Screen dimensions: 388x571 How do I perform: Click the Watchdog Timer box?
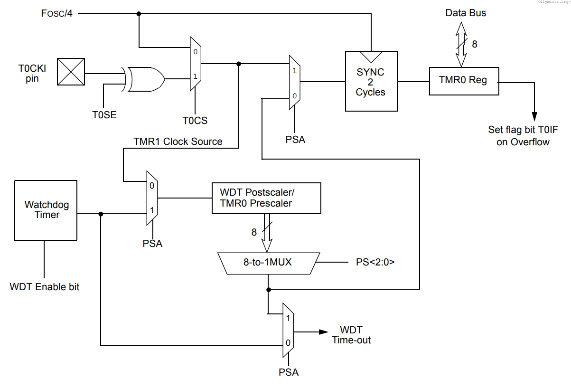[46, 210]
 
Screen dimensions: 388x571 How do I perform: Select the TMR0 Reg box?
[464, 81]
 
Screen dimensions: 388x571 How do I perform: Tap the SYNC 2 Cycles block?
[371, 81]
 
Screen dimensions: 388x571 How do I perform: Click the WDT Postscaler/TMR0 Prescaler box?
[266, 198]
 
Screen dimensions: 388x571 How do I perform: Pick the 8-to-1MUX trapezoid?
[268, 261]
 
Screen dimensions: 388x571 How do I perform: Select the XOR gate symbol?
[145, 78]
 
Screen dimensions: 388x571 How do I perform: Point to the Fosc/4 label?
[56, 13]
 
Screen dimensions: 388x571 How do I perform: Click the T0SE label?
[104, 114]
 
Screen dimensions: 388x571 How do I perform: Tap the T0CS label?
[195, 121]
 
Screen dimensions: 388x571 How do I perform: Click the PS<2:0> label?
[375, 262]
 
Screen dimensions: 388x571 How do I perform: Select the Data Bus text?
[465, 13]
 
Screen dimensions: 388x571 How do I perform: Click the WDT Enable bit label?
[45, 287]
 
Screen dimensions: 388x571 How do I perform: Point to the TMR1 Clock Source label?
[178, 141]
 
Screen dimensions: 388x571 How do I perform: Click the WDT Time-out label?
[351, 335]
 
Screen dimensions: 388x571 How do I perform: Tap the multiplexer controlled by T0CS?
[195, 63]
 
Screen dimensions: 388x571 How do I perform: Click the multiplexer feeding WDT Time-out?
[288, 330]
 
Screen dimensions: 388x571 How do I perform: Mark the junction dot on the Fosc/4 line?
[139, 13]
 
